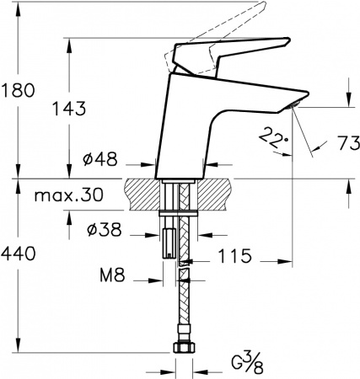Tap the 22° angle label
(x=271, y=136)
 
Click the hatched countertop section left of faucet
(x=140, y=192)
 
